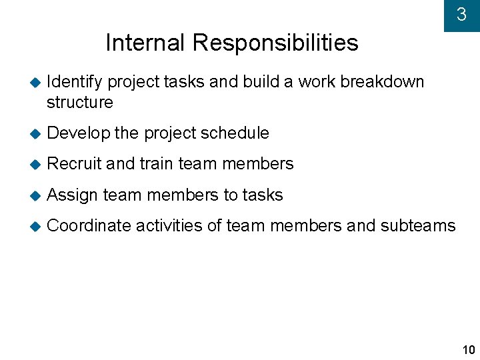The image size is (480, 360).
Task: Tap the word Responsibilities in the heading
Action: (275, 43)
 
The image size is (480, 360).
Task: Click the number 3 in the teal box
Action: (461, 15)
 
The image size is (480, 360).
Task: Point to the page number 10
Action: (468, 350)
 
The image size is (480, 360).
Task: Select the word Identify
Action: (75, 82)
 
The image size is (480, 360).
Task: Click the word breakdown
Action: (382, 81)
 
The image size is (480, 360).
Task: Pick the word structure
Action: (80, 103)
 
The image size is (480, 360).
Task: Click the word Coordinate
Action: (89, 226)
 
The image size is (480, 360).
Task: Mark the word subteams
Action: (418, 226)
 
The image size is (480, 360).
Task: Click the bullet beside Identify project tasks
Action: (35, 82)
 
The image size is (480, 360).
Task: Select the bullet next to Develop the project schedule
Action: (35, 133)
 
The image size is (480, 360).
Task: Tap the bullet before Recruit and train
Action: (35, 164)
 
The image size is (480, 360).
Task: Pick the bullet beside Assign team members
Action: (35, 195)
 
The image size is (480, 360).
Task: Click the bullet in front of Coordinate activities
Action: (35, 226)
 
